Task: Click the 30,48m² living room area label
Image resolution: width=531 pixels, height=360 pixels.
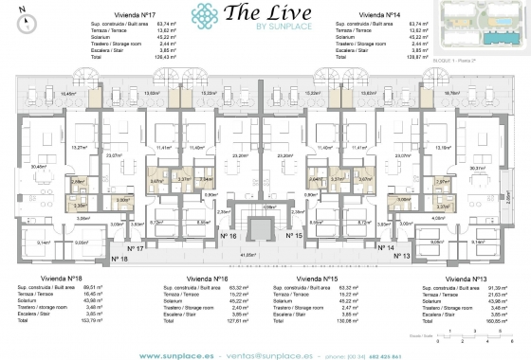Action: click(x=40, y=168)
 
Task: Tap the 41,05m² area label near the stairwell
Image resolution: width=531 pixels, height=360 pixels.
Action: click(x=250, y=254)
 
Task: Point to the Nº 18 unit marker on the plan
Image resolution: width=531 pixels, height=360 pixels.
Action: click(x=119, y=257)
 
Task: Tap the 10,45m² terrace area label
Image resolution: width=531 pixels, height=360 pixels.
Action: click(x=68, y=94)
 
